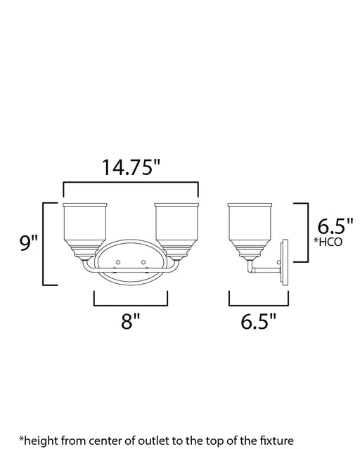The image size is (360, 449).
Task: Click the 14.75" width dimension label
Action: click(130, 167)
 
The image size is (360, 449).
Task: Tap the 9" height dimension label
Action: click(28, 243)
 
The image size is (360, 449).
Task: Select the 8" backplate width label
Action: click(130, 321)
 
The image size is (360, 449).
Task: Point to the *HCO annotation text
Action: click(328, 242)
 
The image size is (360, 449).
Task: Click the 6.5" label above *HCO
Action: click(335, 226)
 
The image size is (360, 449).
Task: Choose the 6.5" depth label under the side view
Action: click(258, 321)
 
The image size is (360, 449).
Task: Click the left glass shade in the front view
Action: click(84, 230)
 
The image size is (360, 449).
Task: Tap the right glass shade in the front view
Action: click(176, 230)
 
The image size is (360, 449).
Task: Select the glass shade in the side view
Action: click(250, 230)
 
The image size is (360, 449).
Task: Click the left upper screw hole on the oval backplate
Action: click(118, 262)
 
